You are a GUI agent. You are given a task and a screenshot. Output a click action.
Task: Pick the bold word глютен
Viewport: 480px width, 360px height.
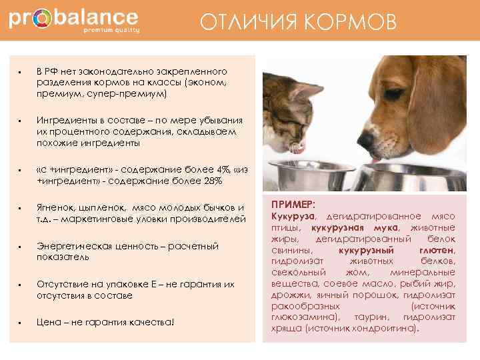435,249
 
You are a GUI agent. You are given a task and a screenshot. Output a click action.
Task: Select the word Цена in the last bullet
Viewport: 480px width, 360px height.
49,323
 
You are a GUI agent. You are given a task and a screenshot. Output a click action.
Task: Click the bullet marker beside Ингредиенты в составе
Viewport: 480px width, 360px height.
22,121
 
